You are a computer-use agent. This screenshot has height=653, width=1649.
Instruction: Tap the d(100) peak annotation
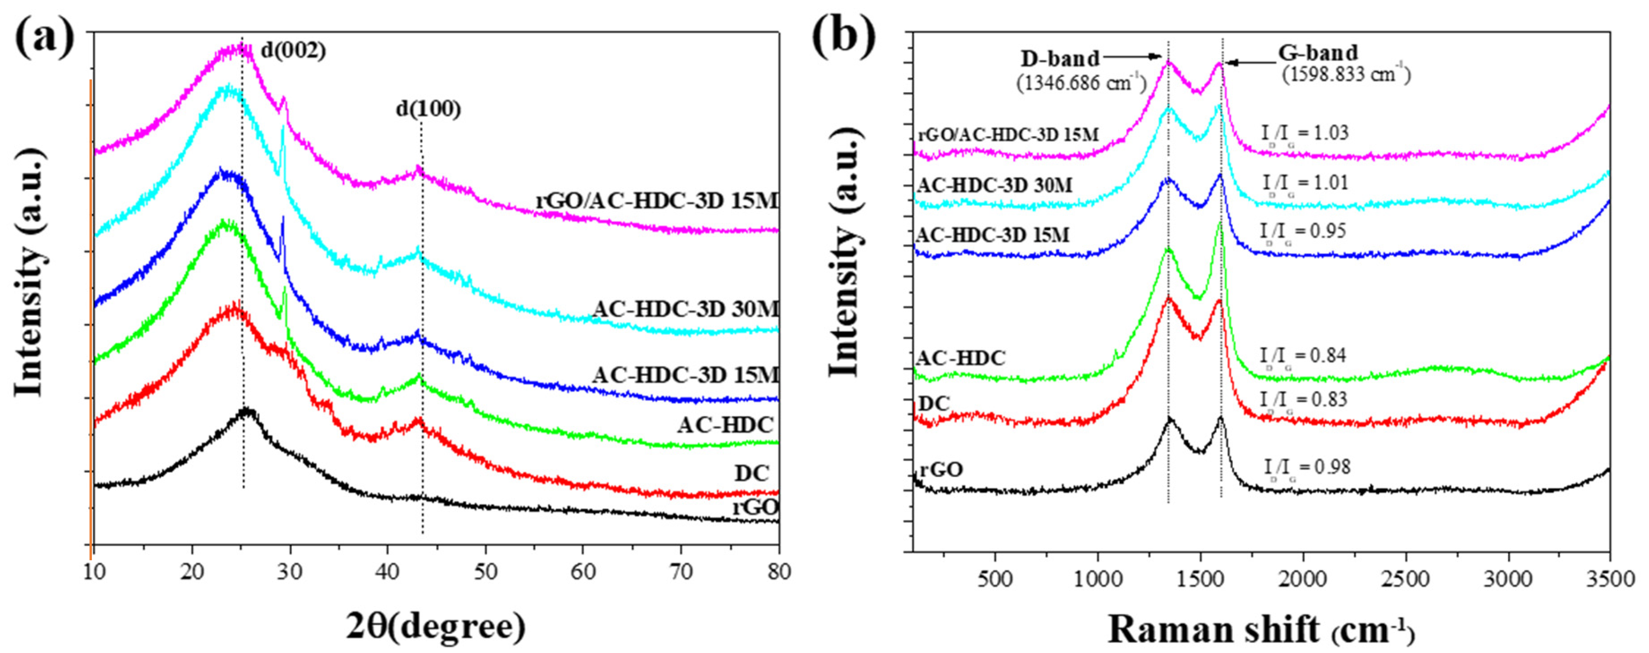[428, 109]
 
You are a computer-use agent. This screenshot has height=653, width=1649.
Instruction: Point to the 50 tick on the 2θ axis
[485, 571]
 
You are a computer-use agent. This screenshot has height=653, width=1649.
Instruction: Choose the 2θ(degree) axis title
[435, 626]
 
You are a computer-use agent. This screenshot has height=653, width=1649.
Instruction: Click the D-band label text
[1059, 59]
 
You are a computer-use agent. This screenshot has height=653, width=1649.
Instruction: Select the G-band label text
[1318, 52]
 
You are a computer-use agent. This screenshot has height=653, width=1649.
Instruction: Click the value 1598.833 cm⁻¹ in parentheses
[1346, 75]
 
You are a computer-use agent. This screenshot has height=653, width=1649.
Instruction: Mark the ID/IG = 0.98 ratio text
[1307, 468]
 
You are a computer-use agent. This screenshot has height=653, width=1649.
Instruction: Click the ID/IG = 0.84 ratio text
[1303, 356]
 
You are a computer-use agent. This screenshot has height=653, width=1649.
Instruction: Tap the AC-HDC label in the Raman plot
[960, 358]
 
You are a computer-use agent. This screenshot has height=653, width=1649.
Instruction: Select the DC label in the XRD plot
[751, 473]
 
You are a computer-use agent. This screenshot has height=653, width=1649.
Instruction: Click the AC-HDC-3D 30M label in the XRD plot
[685, 310]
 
